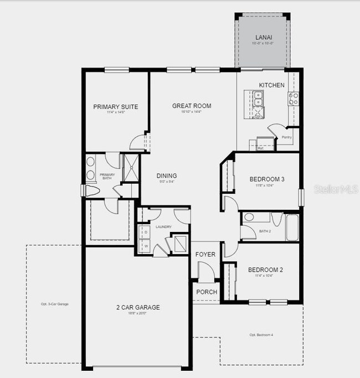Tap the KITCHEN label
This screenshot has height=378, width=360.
coord(271,85)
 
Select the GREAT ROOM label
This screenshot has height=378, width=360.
coord(192,106)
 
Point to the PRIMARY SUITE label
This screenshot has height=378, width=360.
coord(115,107)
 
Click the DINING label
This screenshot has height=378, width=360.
coord(166,176)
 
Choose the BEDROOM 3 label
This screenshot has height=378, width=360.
coord(267,179)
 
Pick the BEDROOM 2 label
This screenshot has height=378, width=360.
coord(266,270)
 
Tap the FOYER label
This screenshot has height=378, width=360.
coord(205,254)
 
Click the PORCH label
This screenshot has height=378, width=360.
coord(207,292)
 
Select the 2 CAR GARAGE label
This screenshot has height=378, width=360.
coord(137,307)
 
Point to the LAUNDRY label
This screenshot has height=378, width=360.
coord(163,227)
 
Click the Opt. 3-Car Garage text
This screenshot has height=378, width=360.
coord(54,304)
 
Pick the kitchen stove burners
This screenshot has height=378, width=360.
coord(293,99)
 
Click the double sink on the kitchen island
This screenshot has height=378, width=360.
coord(258,99)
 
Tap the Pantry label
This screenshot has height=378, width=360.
coord(286,137)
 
